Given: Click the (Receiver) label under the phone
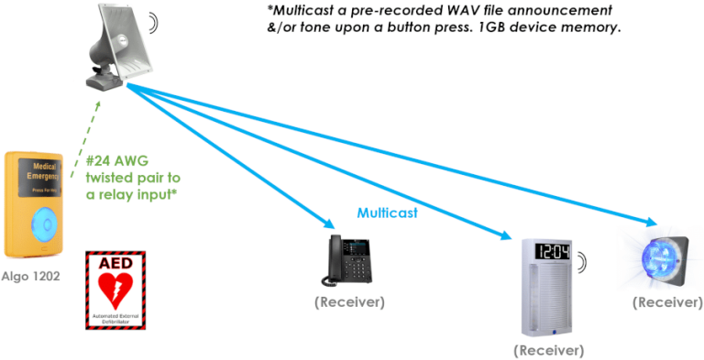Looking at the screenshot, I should click(349, 302).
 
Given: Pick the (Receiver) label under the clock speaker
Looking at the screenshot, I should click(548, 350).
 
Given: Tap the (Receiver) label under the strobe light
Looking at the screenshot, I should click(667, 303).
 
